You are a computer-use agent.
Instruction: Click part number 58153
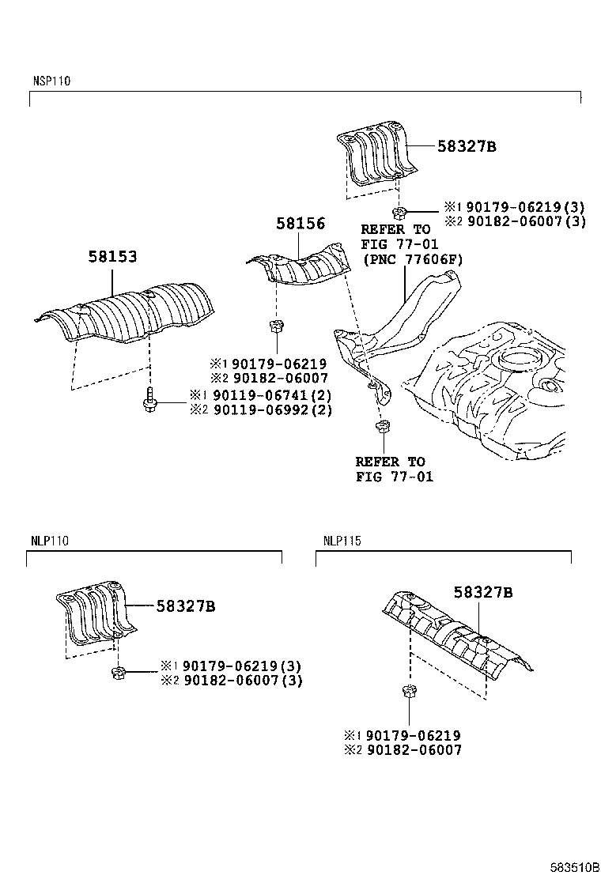point(112,257)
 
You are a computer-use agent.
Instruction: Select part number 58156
point(300,224)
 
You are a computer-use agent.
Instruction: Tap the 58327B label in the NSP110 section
point(467,146)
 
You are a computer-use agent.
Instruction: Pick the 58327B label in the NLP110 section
point(186,606)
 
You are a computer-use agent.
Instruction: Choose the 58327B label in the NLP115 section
point(483,592)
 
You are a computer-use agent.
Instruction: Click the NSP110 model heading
point(51,81)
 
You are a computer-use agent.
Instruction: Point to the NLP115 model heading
point(342,541)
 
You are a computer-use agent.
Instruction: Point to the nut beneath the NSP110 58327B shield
point(400,211)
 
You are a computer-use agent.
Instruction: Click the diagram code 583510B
point(574,867)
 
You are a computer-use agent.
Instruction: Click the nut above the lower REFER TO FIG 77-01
point(381,428)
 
